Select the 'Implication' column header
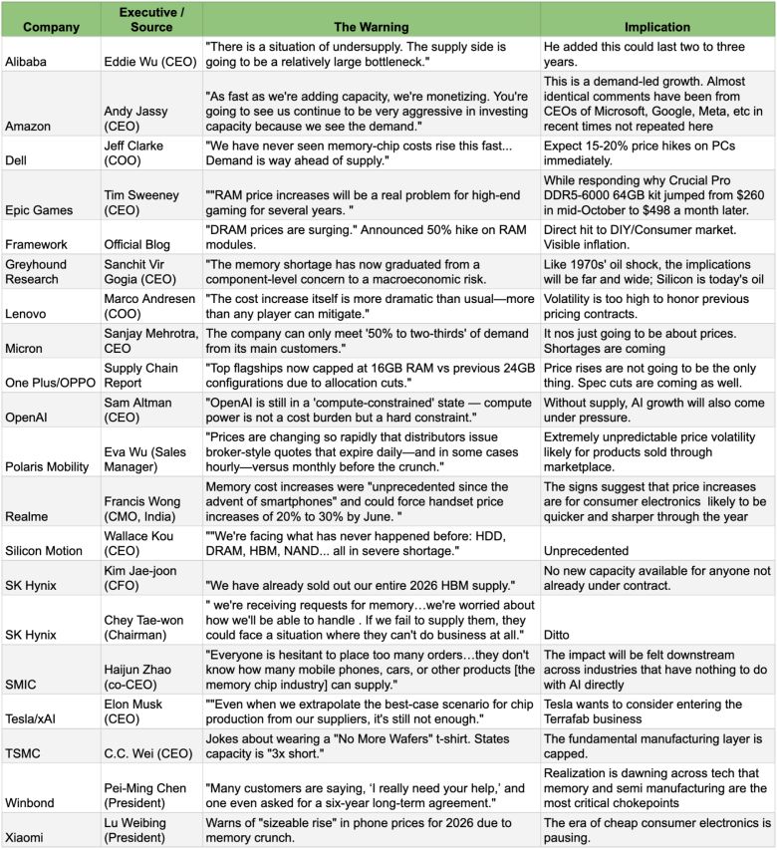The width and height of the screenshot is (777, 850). (656, 26)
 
